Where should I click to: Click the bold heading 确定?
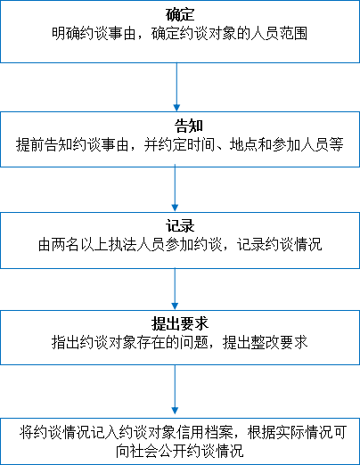click(180, 14)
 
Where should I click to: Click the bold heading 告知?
click(189, 126)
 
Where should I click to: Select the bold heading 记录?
click(180, 226)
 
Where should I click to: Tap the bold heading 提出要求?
click(180, 323)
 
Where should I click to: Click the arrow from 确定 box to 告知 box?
click(176, 87)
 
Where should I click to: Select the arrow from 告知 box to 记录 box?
click(175, 188)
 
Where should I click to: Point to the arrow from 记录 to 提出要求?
click(175, 289)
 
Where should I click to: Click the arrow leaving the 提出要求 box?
click(175, 389)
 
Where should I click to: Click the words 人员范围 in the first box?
click(279, 33)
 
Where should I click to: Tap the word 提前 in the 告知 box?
click(30, 144)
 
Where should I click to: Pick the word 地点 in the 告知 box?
click(243, 144)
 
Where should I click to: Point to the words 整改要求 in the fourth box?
click(279, 342)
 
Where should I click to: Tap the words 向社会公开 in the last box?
click(151, 451)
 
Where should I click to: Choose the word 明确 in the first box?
click(66, 33)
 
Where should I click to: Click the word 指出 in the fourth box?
click(66, 342)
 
